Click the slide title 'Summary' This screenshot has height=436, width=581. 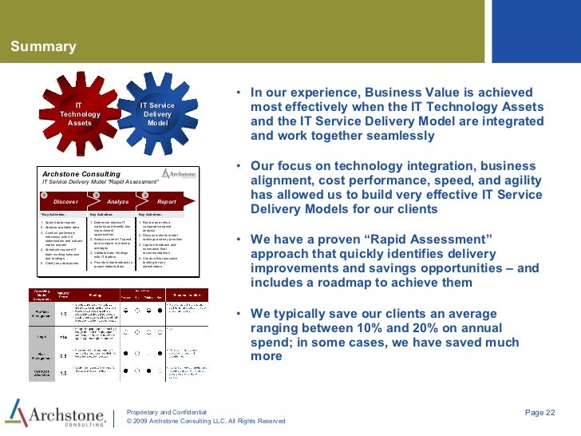click(43, 46)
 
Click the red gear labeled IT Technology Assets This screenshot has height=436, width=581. click(80, 115)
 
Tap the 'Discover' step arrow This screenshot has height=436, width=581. click(65, 202)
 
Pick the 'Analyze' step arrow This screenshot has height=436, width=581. click(117, 202)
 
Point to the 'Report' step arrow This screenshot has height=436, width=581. click(166, 202)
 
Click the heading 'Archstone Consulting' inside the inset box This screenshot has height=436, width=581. click(81, 173)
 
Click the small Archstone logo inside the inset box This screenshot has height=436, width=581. click(177, 173)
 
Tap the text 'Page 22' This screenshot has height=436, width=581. click(539, 411)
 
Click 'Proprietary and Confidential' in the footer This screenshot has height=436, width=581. click(167, 411)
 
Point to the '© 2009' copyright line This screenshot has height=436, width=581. click(206, 421)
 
